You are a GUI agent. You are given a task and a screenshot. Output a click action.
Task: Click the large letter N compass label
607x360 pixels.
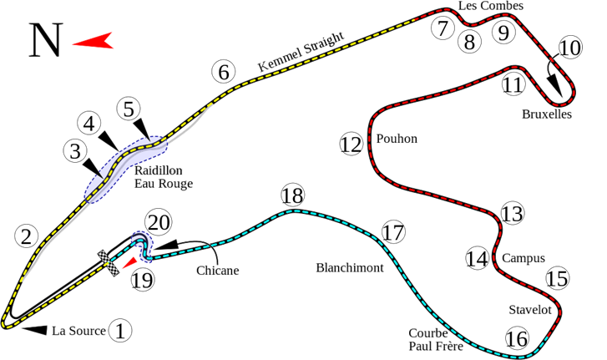tap(46, 40)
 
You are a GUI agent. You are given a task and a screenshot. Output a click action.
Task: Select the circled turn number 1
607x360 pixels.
tap(120, 331)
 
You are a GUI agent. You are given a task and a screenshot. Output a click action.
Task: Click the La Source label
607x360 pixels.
tap(78, 331)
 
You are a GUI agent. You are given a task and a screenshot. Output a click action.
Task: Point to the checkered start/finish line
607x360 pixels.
tap(108, 263)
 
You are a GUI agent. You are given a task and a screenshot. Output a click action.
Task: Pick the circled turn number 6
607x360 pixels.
tap(224, 72)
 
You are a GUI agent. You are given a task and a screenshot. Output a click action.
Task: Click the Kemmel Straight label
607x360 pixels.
tap(301, 52)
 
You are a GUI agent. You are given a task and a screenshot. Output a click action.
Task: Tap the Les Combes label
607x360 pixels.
tap(491, 6)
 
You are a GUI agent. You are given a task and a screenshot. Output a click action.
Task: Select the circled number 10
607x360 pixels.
tap(570, 48)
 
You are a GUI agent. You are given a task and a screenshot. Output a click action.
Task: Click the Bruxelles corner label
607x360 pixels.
tap(547, 114)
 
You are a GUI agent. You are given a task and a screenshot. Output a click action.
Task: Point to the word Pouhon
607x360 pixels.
tap(397, 139)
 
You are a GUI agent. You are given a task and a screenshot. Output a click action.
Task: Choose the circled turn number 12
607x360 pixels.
tap(352, 144)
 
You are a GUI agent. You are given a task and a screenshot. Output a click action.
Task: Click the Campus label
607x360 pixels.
tap(524, 258)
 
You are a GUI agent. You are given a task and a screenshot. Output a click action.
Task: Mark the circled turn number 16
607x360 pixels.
tap(517, 339)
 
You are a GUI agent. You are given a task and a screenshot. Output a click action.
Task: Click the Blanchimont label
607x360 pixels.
tap(350, 268)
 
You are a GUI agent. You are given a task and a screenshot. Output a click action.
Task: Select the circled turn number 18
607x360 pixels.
tap(292, 195)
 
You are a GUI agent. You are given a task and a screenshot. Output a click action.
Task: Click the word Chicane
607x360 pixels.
tap(218, 270)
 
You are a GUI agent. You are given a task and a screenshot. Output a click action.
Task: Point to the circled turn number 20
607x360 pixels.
tap(159, 222)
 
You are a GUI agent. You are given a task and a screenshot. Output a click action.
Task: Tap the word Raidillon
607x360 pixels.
tap(159, 170)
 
